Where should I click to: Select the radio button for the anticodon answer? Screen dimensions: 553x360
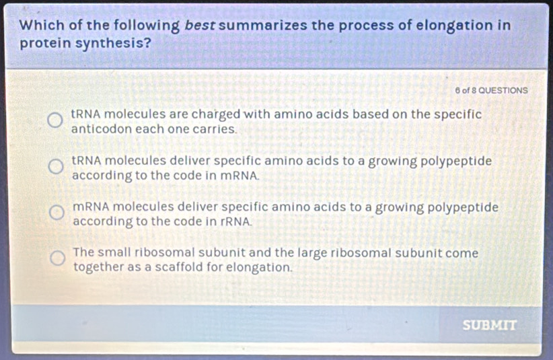click(x=55, y=120)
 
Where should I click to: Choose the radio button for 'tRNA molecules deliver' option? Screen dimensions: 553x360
click(x=56, y=166)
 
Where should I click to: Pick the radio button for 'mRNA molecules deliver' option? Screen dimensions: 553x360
click(x=57, y=212)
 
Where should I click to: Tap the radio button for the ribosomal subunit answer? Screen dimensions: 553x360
click(x=57, y=258)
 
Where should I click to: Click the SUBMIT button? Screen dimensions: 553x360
click(x=490, y=325)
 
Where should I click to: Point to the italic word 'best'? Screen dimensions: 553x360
click(x=200, y=26)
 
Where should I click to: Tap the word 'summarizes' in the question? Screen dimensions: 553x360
click(x=265, y=26)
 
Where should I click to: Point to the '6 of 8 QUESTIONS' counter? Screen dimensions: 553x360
click(x=491, y=91)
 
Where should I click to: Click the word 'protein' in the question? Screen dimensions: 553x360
click(x=45, y=43)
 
